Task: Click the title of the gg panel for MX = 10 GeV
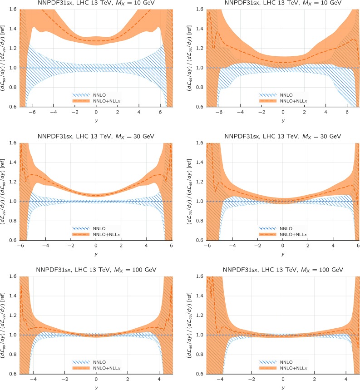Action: point(96,3)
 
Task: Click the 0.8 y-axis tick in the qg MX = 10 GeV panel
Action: point(200,88)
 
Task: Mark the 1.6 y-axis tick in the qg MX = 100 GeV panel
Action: point(200,276)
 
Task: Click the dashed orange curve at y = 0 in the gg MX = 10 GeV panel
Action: point(96,41)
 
